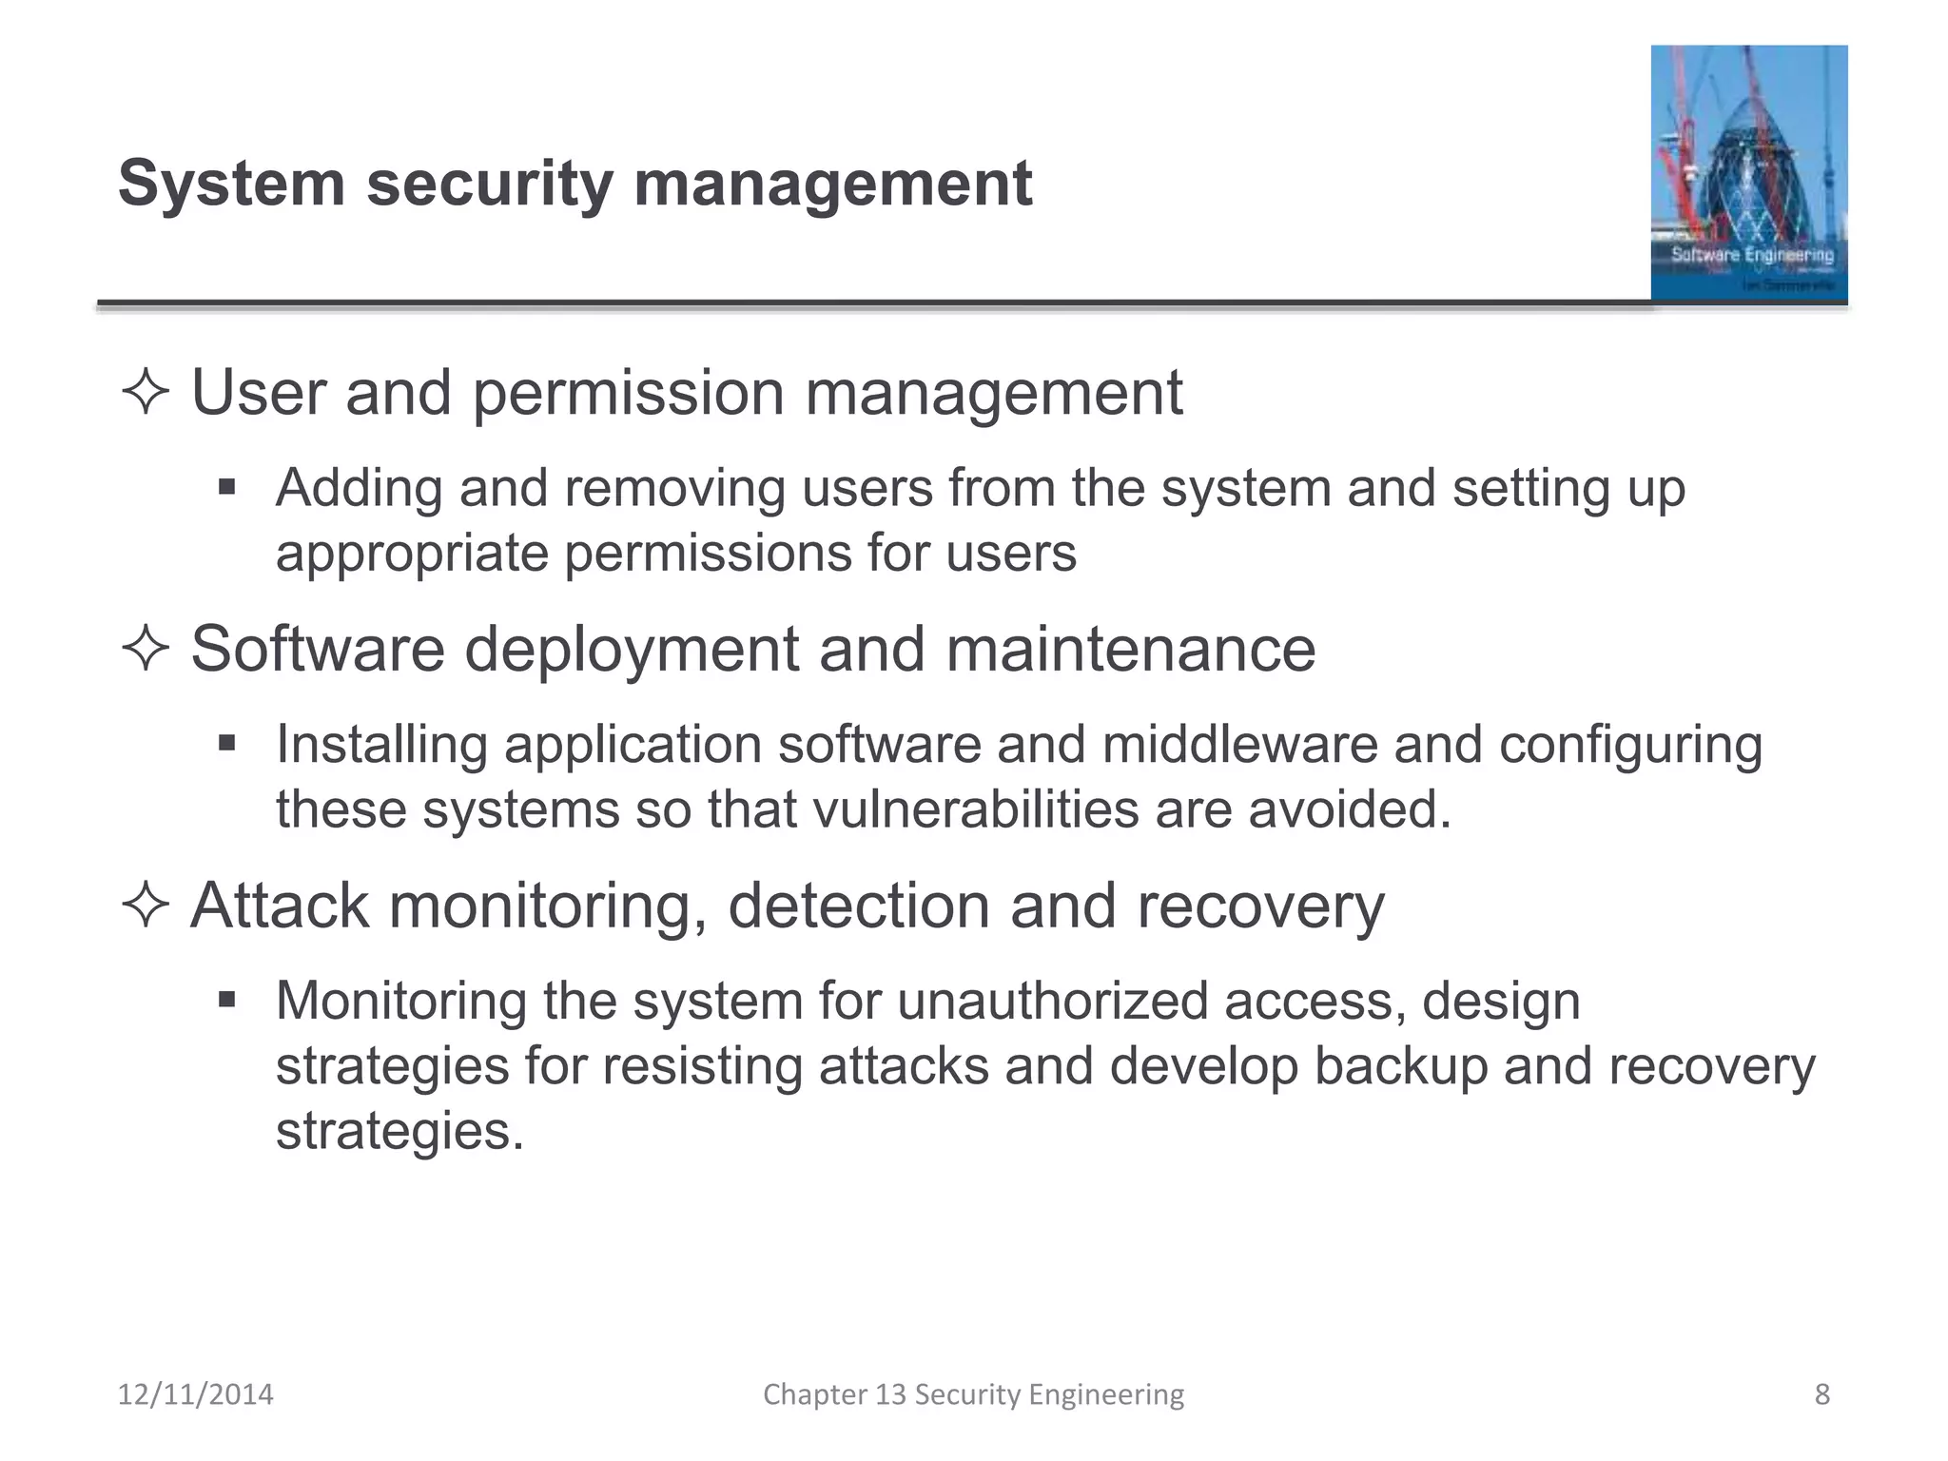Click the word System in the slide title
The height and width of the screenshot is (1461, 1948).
(x=231, y=183)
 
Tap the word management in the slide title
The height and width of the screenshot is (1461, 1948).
(x=832, y=183)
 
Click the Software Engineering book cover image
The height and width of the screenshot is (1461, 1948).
(x=1748, y=173)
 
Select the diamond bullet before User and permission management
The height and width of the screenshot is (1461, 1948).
(x=146, y=392)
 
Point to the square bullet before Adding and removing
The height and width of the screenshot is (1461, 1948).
(x=226, y=488)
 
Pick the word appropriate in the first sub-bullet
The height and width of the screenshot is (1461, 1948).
(x=412, y=554)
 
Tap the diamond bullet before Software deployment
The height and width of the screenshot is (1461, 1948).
(x=146, y=649)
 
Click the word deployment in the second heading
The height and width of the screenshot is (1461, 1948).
(x=632, y=649)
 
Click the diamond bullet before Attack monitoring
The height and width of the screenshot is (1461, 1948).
(x=146, y=905)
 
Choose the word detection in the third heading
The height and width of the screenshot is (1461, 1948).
(x=858, y=905)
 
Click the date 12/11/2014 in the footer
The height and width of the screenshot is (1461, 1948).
(x=195, y=1394)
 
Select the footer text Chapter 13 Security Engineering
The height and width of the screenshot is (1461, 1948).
(x=973, y=1394)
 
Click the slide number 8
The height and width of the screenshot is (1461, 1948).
(x=1821, y=1394)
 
